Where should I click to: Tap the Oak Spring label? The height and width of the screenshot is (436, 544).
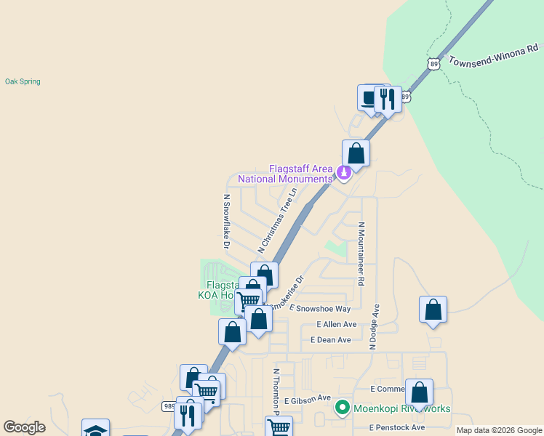pos(23,81)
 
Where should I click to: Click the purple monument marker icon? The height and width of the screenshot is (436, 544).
pos(343,173)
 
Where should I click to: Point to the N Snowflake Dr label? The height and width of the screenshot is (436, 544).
pos(226,216)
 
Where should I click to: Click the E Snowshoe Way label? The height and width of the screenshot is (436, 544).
pos(320,308)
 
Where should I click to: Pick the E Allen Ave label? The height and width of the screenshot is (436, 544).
pos(337,324)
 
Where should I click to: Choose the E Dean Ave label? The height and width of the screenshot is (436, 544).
pos(331,339)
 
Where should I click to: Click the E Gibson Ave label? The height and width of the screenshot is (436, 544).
pos(308,400)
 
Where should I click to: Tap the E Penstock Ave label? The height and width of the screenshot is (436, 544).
pos(396,427)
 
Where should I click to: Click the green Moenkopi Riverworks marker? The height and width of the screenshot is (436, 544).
pos(342,408)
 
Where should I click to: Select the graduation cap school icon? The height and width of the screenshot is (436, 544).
pos(95,430)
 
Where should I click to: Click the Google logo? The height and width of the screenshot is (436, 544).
pos(24,427)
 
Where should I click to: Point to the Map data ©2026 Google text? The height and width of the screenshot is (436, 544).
pos(499,430)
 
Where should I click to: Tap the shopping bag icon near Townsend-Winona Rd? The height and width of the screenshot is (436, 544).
pos(356,153)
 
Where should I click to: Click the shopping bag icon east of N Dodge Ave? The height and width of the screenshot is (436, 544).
pos(433,309)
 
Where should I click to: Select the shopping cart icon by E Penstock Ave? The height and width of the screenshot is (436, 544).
pos(278,427)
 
